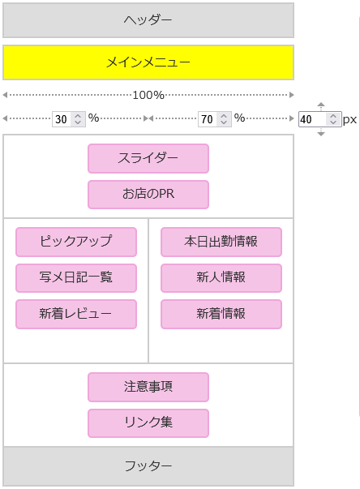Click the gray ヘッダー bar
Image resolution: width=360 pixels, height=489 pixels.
click(148, 20)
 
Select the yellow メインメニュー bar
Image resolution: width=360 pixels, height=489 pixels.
click(148, 62)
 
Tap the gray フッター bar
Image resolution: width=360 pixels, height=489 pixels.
click(148, 466)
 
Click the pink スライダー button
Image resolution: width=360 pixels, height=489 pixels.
click(148, 158)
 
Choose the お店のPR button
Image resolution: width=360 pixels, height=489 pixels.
click(148, 195)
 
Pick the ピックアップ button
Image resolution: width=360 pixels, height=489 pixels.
click(76, 242)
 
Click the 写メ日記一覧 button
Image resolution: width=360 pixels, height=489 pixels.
click(76, 278)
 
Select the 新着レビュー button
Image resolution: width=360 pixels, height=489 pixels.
click(76, 314)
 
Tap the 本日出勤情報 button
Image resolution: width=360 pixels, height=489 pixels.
click(221, 242)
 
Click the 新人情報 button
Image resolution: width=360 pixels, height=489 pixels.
click(221, 278)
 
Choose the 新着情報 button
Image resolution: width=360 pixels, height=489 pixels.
click(221, 314)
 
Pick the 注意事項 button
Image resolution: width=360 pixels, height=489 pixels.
click(148, 387)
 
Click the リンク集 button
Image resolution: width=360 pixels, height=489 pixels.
click(148, 423)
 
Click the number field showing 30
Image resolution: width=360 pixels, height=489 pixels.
click(69, 119)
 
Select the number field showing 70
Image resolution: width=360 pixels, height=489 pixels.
click(214, 119)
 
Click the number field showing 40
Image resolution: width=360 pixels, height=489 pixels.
click(319, 119)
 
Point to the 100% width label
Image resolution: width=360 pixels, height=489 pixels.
click(148, 95)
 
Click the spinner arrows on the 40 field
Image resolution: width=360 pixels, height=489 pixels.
click(333, 119)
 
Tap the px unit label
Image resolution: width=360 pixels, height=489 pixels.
click(349, 120)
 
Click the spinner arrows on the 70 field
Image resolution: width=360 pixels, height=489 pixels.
click(224, 119)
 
